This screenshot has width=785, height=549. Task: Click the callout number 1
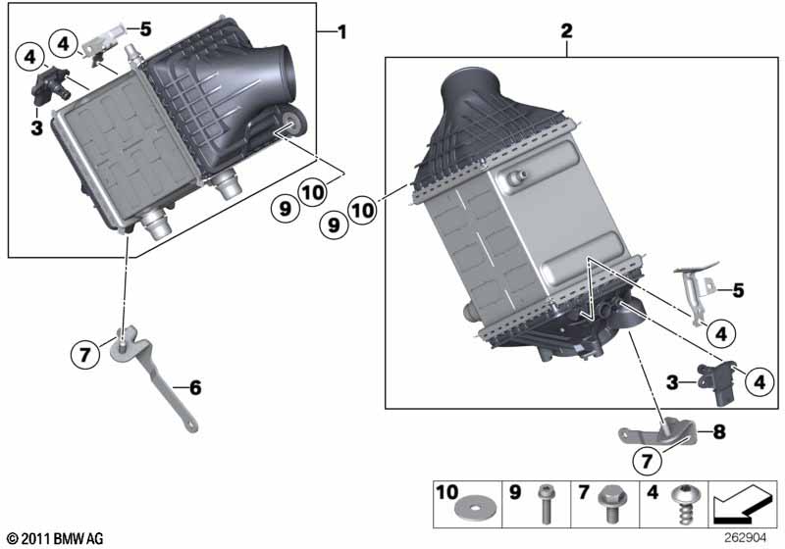[341, 32]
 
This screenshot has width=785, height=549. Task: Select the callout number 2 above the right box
[566, 31]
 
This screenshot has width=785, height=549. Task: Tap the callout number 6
[194, 388]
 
